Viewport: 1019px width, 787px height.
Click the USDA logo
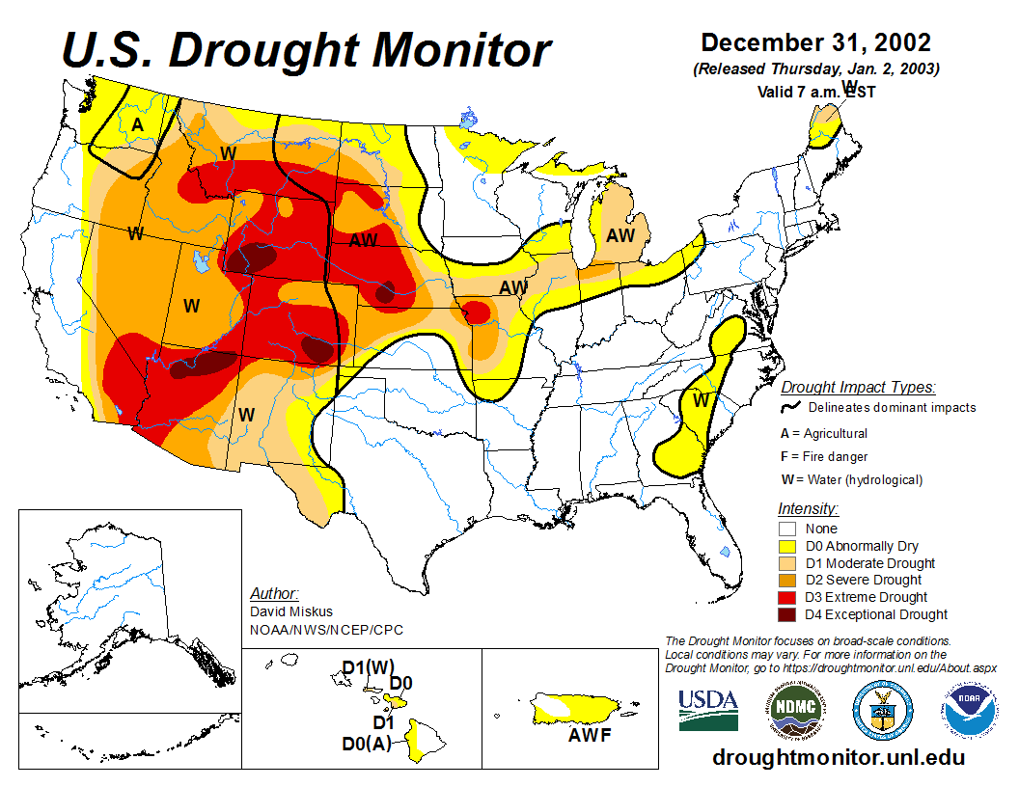point(708,710)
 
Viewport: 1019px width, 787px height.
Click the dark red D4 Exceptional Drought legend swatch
point(787,614)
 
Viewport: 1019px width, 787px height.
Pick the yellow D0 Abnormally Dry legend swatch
point(787,546)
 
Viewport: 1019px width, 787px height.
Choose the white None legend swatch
point(787,529)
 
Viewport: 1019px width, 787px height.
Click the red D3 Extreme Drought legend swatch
point(787,597)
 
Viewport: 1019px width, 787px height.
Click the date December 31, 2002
point(815,42)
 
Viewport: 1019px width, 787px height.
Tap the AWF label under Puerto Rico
point(591,738)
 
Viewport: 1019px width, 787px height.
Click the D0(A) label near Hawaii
point(367,744)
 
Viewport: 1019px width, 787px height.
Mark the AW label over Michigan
point(620,234)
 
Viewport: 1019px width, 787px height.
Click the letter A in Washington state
point(138,125)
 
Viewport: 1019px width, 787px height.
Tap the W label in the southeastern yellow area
point(702,399)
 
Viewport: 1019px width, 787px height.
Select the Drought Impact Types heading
point(857,387)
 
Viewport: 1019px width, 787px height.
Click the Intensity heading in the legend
point(808,508)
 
